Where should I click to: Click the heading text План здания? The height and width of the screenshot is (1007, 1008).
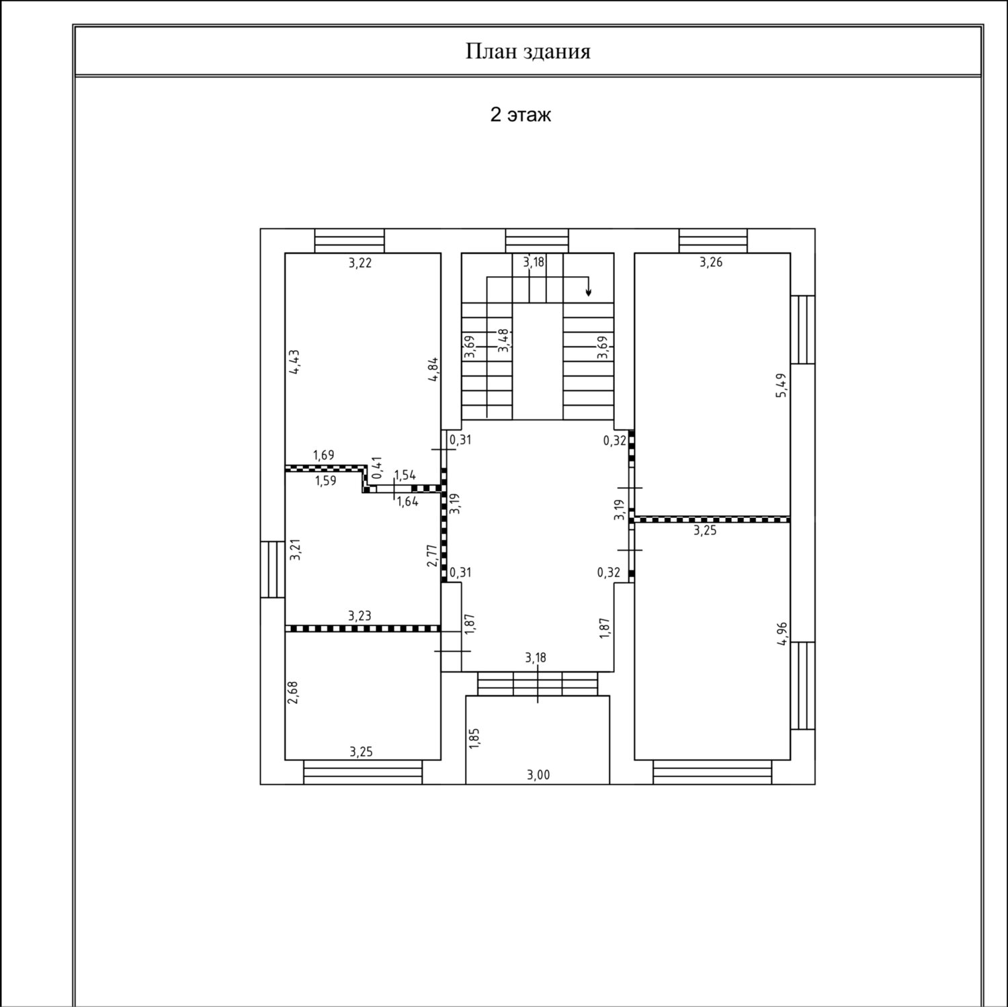click(528, 52)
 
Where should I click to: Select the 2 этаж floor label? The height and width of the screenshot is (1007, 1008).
click(521, 115)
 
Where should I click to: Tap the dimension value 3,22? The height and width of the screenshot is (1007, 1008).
click(360, 263)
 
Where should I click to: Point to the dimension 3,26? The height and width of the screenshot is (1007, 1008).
click(711, 262)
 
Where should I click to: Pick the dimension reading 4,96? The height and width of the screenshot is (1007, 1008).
click(782, 633)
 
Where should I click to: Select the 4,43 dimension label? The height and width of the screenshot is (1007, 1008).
click(294, 362)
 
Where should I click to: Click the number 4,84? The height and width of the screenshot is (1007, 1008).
click(434, 369)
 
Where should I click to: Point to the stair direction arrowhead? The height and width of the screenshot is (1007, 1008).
click(589, 292)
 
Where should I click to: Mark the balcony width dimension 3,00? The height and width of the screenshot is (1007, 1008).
click(538, 775)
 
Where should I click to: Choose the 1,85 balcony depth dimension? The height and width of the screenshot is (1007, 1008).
click(474, 737)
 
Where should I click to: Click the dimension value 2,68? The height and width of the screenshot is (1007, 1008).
click(293, 693)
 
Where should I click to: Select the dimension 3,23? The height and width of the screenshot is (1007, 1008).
click(360, 615)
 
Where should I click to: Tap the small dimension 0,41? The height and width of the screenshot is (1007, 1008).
click(376, 467)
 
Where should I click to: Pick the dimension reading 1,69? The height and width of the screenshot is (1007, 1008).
click(323, 455)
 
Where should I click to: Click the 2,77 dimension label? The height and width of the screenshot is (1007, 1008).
click(432, 556)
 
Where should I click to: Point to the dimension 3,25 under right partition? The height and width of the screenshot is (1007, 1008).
click(705, 530)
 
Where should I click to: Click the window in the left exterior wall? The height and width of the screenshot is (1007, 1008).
click(272, 569)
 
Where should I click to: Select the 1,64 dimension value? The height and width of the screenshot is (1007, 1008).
click(407, 500)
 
